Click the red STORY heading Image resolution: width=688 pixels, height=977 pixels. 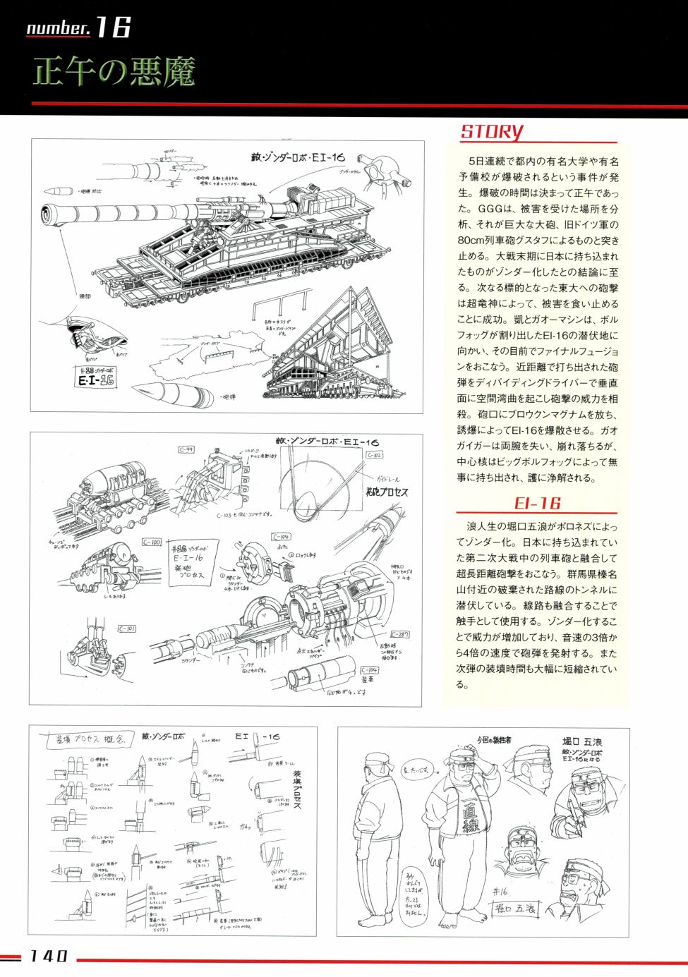coord(492,131)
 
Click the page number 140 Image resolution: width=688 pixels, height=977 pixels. coord(48,957)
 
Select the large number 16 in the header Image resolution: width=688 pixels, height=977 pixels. coord(113,27)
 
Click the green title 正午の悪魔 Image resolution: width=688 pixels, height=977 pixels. coord(114,72)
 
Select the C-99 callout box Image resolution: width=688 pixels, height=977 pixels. coord(186,449)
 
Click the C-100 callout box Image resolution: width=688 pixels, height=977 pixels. coord(151,542)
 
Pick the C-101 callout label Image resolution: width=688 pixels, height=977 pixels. coord(127,628)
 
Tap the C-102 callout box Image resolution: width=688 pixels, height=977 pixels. coord(374,455)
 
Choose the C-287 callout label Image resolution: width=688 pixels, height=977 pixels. coord(399,634)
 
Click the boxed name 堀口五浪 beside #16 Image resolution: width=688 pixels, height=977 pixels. coord(514,909)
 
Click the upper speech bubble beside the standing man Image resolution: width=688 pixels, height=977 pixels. coord(416,770)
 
